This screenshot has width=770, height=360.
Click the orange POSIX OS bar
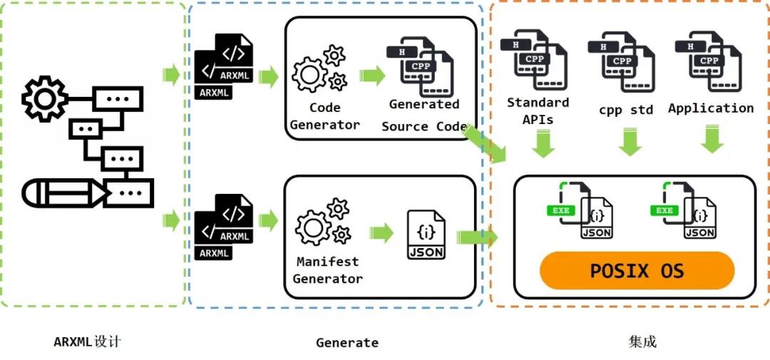click(637, 271)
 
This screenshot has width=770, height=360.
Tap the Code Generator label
click(325, 116)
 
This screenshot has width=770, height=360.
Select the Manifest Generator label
click(328, 270)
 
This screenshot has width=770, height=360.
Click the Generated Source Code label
click(424, 115)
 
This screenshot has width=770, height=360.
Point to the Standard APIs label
click(538, 110)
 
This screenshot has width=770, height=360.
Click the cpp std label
click(626, 110)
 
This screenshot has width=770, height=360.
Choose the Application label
click(711, 108)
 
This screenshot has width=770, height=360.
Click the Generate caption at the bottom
click(347, 343)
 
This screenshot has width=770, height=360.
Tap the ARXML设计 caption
click(88, 341)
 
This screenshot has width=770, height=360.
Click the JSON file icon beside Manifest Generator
click(426, 235)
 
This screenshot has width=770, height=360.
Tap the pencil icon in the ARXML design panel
click(64, 191)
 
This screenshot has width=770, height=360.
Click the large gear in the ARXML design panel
click(44, 99)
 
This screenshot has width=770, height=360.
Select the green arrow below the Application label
click(712, 138)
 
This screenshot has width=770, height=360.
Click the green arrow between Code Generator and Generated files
click(372, 75)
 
